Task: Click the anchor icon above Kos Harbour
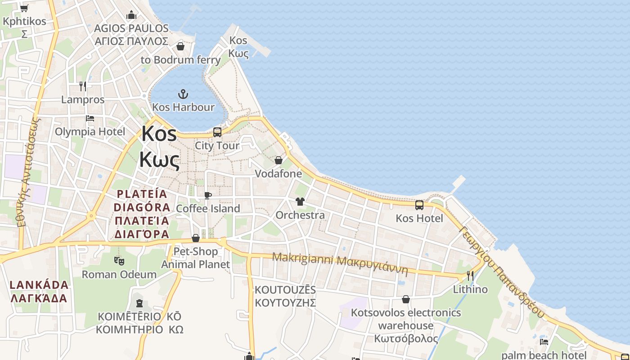[x=183, y=94]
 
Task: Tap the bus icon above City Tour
[x=217, y=132]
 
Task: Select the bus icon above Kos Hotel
[x=419, y=205]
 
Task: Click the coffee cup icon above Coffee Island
[x=207, y=195]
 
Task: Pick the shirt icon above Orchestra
[x=300, y=201]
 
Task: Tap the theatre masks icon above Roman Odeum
[x=119, y=261]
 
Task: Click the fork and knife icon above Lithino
[x=470, y=275]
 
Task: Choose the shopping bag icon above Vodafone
[x=279, y=160]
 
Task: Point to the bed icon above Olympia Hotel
[x=90, y=118]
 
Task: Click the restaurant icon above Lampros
[x=83, y=86]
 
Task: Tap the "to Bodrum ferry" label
[x=180, y=60]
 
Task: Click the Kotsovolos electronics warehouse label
[x=406, y=325]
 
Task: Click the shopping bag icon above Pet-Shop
[x=196, y=238]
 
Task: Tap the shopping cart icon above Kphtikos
[x=24, y=8]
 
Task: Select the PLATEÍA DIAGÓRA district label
[x=142, y=214]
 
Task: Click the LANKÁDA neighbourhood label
[x=39, y=291]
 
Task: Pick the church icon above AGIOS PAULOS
[x=131, y=15]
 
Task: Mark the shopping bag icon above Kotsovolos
[x=406, y=299]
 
